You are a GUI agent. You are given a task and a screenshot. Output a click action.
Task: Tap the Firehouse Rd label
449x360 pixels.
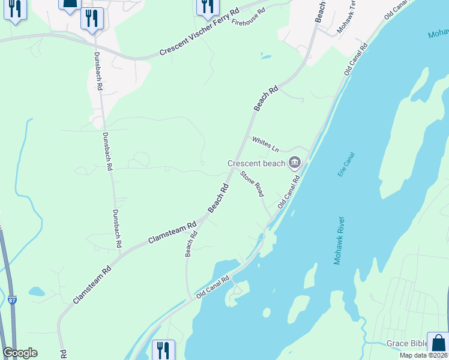click(x=249, y=19)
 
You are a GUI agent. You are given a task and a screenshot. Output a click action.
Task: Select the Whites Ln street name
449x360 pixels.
click(x=265, y=144)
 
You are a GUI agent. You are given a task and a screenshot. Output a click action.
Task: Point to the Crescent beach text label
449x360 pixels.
click(x=256, y=163)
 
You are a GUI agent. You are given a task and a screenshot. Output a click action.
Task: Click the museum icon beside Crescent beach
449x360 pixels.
click(x=295, y=162)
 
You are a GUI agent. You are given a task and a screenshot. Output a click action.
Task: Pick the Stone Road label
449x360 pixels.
click(x=252, y=184)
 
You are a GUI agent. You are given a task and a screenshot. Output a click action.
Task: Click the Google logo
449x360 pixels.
click(x=20, y=353)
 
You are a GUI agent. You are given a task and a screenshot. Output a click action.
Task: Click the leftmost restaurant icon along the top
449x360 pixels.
click(x=14, y=8)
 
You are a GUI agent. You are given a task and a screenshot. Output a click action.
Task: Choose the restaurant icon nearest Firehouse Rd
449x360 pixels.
click(x=207, y=6)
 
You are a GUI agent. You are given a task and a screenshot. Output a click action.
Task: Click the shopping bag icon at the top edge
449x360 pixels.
click(x=70, y=4)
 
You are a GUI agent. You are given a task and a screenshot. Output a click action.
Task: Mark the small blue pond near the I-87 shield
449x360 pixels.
click(x=36, y=292)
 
